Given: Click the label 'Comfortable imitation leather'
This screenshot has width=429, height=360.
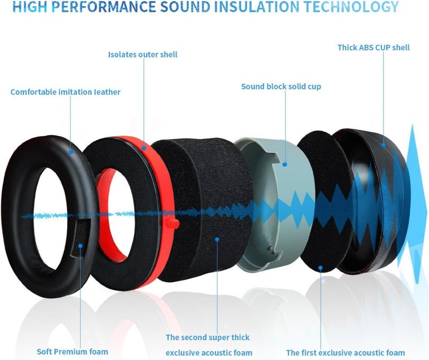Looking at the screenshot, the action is coord(65,92).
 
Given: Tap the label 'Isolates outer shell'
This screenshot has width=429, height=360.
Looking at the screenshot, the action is coord(143,55).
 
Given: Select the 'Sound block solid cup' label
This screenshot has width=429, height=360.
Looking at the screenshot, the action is coord(281,86).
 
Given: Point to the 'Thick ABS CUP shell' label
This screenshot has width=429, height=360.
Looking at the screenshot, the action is coord(373,47).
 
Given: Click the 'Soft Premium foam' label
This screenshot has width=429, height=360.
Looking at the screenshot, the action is coord(72,351).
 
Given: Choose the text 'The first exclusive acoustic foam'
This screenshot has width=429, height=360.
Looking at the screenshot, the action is coord(345,352).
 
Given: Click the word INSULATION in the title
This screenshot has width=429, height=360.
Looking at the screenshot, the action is coord(256,7).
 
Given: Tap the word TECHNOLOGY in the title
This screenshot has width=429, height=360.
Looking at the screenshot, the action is coord(351,7).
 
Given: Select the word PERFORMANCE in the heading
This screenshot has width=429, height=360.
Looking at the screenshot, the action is coord(103,7).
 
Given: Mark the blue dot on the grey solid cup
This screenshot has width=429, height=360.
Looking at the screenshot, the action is coord(285,164).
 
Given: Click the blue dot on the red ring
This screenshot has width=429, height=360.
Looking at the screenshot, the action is coord(144,148).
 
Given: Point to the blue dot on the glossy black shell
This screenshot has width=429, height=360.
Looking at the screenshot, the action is coord(383,145).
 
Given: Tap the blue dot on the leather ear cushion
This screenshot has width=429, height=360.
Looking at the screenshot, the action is coord(71,152).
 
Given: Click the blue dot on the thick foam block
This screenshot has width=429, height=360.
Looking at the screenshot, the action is coord(217,239).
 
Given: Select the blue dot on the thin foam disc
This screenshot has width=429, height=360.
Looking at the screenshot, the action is coord(320,268).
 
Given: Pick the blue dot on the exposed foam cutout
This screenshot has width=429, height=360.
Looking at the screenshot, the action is coord(80,246).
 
